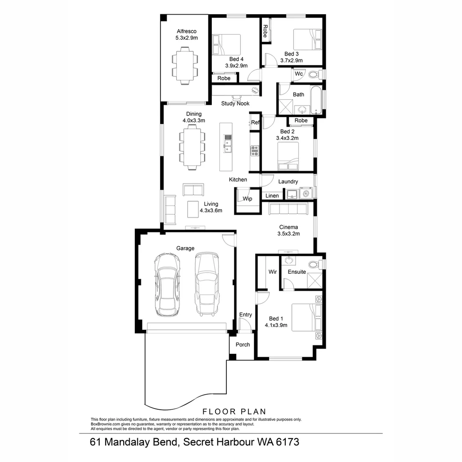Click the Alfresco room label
tap(186, 31)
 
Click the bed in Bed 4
tap(227, 45)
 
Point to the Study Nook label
tap(235, 104)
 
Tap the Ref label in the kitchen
tap(255, 122)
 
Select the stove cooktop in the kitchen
tap(255, 150)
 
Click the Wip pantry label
tap(247, 198)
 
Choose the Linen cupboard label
tap(272, 196)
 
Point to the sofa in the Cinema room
tap(288, 209)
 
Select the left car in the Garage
tap(167, 284)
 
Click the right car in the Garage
tap(206, 284)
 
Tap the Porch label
tap(243, 345)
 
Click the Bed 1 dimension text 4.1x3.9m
tap(276, 325)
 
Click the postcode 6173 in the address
tap(284, 442)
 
